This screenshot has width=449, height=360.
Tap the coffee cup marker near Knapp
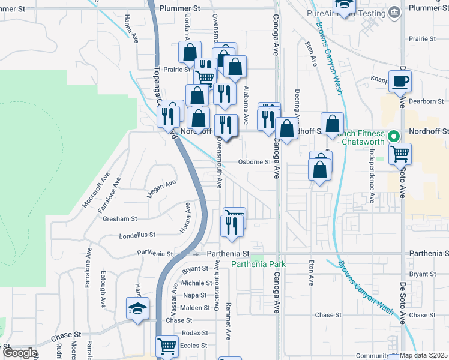400,81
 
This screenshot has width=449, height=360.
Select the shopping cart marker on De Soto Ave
400,154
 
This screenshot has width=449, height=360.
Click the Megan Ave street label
161,188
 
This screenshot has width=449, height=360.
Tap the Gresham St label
122,219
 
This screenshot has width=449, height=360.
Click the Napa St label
194,295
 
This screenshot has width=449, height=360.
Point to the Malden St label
194,308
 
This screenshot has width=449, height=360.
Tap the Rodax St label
195,333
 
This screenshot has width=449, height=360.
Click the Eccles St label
194,346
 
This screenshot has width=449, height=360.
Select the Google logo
19,353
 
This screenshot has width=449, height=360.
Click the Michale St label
193,283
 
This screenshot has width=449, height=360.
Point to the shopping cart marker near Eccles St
167,346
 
